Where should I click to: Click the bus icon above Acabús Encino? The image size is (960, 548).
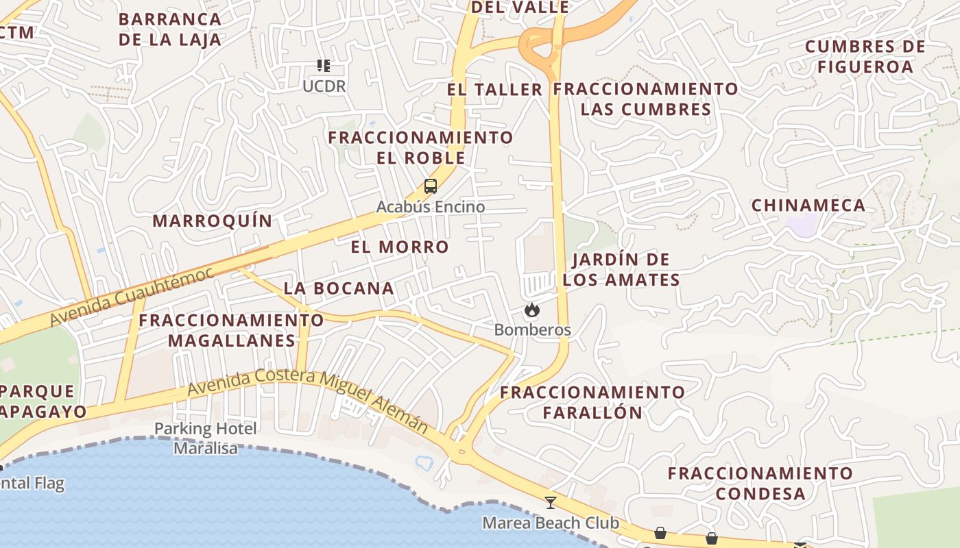tap(431, 186)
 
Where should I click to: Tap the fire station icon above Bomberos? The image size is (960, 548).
tap(531, 310)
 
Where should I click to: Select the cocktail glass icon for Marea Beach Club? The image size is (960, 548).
tap(550, 503)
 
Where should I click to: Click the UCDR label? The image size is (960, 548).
tap(324, 86)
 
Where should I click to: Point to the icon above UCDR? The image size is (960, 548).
tap(324, 66)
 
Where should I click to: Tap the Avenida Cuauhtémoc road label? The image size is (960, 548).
tap(131, 296)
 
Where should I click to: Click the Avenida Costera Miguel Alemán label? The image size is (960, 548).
tap(308, 400)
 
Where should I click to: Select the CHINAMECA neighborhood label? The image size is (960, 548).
tap(808, 206)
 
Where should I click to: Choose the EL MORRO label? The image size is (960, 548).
tap(400, 247)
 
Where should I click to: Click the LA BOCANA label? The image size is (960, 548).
tap(339, 288)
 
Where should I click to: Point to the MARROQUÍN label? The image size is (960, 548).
tap(213, 221)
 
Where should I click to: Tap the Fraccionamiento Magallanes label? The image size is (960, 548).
tap(232, 330)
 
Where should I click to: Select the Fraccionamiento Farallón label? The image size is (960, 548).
tap(592, 402)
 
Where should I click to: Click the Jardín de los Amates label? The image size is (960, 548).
tap(621, 269)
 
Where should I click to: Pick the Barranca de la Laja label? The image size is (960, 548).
tap(170, 29)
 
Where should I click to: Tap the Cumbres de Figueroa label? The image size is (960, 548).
tap(865, 57)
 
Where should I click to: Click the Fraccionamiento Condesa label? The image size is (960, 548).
tap(760, 483)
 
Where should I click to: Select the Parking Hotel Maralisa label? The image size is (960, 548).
tap(206, 438)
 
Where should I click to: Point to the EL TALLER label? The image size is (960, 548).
tap(494, 90)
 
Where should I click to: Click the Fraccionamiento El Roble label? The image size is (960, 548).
tap(420, 147)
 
